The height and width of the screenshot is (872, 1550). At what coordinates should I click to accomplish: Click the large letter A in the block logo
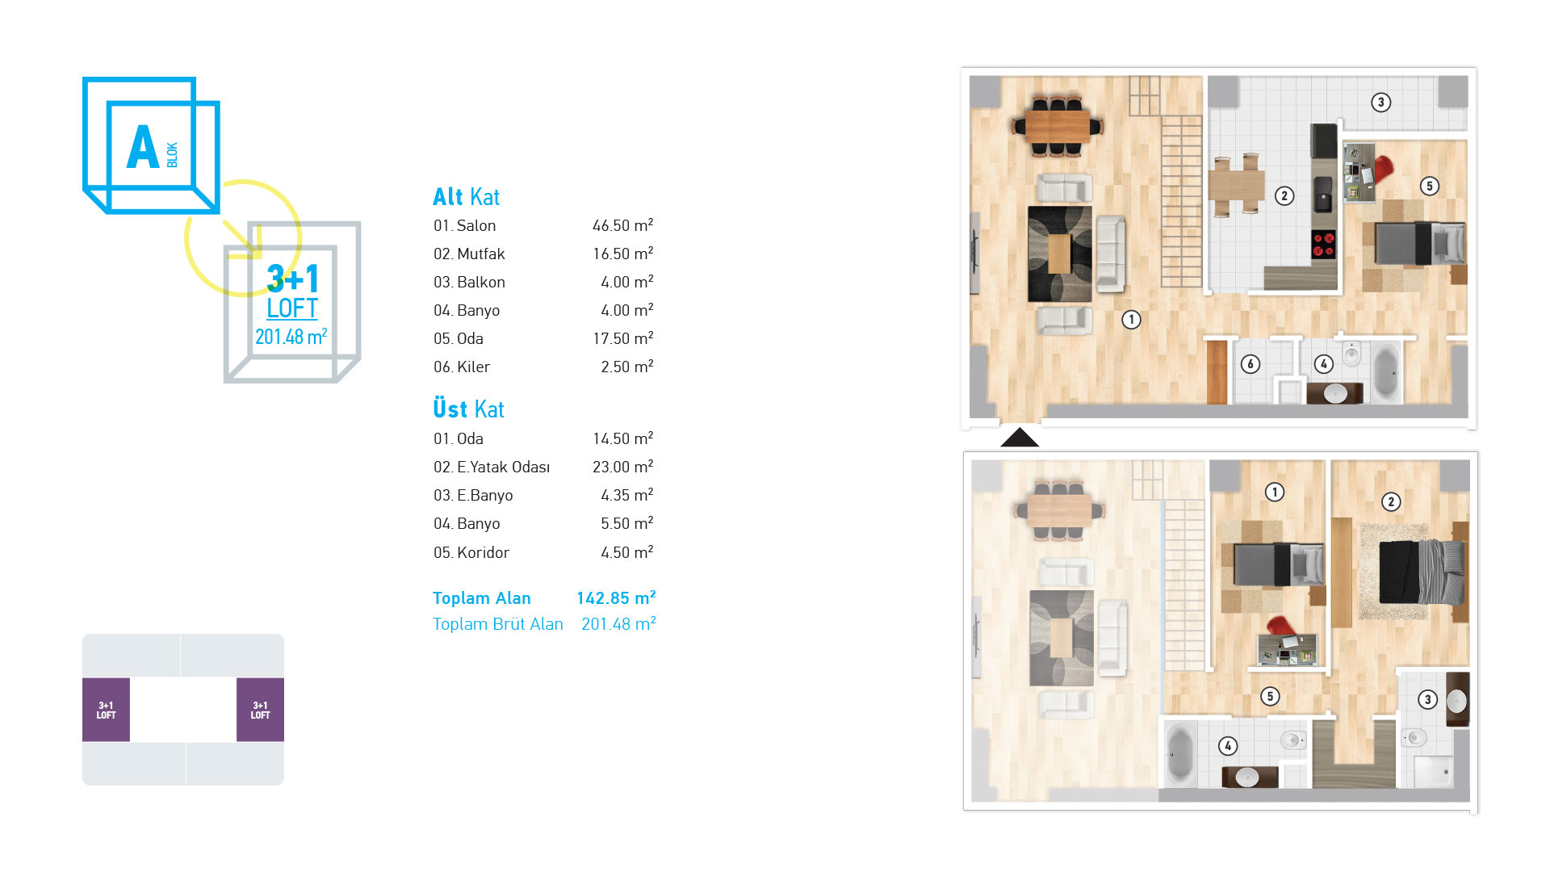(143, 147)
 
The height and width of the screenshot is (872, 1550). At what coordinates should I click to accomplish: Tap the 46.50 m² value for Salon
(622, 225)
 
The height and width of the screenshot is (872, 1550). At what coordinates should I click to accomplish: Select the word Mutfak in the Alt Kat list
(480, 254)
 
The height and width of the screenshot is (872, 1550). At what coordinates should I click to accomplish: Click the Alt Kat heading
(466, 196)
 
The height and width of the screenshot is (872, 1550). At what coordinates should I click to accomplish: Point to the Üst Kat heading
(468, 409)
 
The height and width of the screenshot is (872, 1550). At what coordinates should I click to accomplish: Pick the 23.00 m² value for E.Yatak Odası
(622, 467)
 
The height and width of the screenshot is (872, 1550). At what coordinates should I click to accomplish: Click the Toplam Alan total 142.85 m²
(616, 597)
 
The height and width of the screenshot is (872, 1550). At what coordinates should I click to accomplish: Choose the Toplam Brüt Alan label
(497, 623)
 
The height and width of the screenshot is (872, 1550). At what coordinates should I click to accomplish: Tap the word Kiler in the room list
(473, 367)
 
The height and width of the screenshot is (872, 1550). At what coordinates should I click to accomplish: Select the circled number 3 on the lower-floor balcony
(1380, 103)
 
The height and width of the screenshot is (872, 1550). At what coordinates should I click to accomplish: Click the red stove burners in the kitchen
(1323, 244)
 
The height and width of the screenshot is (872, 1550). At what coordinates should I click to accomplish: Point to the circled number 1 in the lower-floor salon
(1131, 320)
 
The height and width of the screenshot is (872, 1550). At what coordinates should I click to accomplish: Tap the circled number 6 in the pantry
(1250, 364)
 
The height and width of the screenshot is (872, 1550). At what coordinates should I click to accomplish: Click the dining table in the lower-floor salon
(1058, 126)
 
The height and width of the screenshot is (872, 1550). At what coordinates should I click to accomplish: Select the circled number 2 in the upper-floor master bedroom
(1390, 502)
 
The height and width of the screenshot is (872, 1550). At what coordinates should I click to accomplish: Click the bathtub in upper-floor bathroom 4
(1179, 754)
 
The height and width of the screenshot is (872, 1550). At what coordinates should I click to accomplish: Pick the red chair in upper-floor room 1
(1280, 627)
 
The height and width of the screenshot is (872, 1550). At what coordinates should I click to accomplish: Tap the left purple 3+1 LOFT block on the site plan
(106, 710)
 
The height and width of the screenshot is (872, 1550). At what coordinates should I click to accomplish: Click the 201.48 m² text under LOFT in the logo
(291, 337)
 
